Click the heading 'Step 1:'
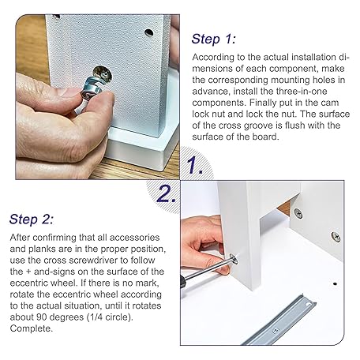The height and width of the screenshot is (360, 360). [213, 39]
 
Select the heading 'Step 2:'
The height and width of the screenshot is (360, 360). [32, 219]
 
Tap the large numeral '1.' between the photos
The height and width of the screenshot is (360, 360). [194, 164]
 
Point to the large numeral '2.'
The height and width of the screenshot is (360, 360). [166, 194]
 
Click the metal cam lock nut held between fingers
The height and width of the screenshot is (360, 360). [92, 89]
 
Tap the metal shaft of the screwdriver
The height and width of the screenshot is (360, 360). [208, 269]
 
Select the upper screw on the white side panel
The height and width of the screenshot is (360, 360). [298, 213]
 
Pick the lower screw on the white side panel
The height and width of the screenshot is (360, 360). [336, 237]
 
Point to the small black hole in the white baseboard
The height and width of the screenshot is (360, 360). [335, 284]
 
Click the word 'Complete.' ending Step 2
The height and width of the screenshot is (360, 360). [32, 328]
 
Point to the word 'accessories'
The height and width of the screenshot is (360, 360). [134, 238]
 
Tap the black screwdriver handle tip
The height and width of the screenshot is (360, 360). [182, 282]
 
